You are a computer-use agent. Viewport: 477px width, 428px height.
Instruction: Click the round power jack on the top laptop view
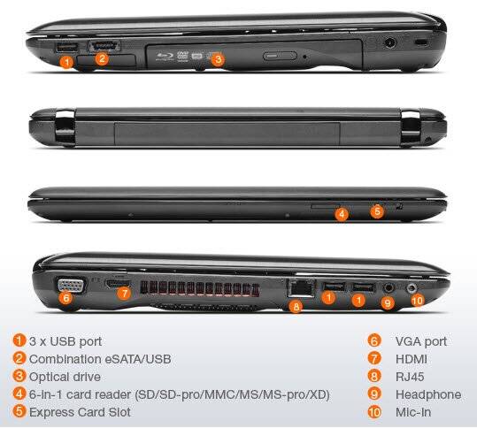[389, 42]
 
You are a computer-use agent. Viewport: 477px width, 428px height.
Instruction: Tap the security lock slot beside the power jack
[421, 42]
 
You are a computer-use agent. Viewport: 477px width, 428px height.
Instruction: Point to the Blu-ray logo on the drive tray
[165, 56]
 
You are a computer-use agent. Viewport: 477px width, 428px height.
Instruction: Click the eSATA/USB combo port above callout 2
[104, 46]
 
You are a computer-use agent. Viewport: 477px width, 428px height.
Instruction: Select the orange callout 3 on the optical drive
[219, 59]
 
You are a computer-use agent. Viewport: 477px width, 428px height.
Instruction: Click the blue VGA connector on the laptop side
[71, 286]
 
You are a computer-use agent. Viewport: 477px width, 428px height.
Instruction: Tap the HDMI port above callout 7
[119, 284]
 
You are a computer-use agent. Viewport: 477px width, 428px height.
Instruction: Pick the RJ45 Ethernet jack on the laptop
[301, 288]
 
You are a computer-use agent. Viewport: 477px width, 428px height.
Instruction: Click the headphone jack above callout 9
[388, 287]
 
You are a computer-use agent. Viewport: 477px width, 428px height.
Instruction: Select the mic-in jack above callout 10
[412, 287]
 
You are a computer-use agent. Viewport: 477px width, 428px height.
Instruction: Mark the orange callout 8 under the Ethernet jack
[296, 306]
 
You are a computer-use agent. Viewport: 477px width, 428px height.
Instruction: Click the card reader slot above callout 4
[325, 206]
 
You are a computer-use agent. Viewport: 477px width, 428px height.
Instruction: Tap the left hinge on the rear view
[65, 127]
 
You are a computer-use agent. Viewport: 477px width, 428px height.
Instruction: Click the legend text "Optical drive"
[65, 377]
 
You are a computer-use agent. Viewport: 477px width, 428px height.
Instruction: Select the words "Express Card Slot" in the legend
[80, 412]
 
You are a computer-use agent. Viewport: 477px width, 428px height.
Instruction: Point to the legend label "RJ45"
[410, 377]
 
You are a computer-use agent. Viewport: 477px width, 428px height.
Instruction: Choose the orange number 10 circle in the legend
[374, 412]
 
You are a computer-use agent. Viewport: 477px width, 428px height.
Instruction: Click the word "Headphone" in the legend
[428, 394]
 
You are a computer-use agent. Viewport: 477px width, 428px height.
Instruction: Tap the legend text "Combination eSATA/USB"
[100, 359]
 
